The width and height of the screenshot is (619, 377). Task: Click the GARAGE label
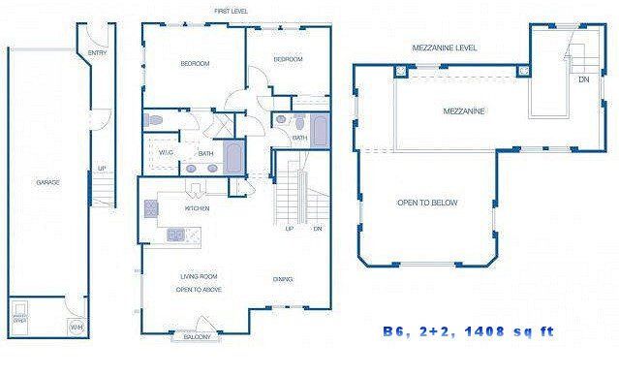click(44, 182)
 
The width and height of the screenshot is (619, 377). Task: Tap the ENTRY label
click(98, 53)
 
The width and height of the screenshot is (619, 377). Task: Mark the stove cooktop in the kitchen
click(151, 207)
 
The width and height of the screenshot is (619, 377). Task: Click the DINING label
click(283, 280)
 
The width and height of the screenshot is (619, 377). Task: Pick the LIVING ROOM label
click(196, 276)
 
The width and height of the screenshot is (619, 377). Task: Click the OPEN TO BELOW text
click(427, 203)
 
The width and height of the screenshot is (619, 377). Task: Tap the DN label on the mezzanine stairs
click(583, 79)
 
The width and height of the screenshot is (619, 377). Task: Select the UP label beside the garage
click(101, 168)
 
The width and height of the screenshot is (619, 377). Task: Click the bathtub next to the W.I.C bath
click(233, 155)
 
